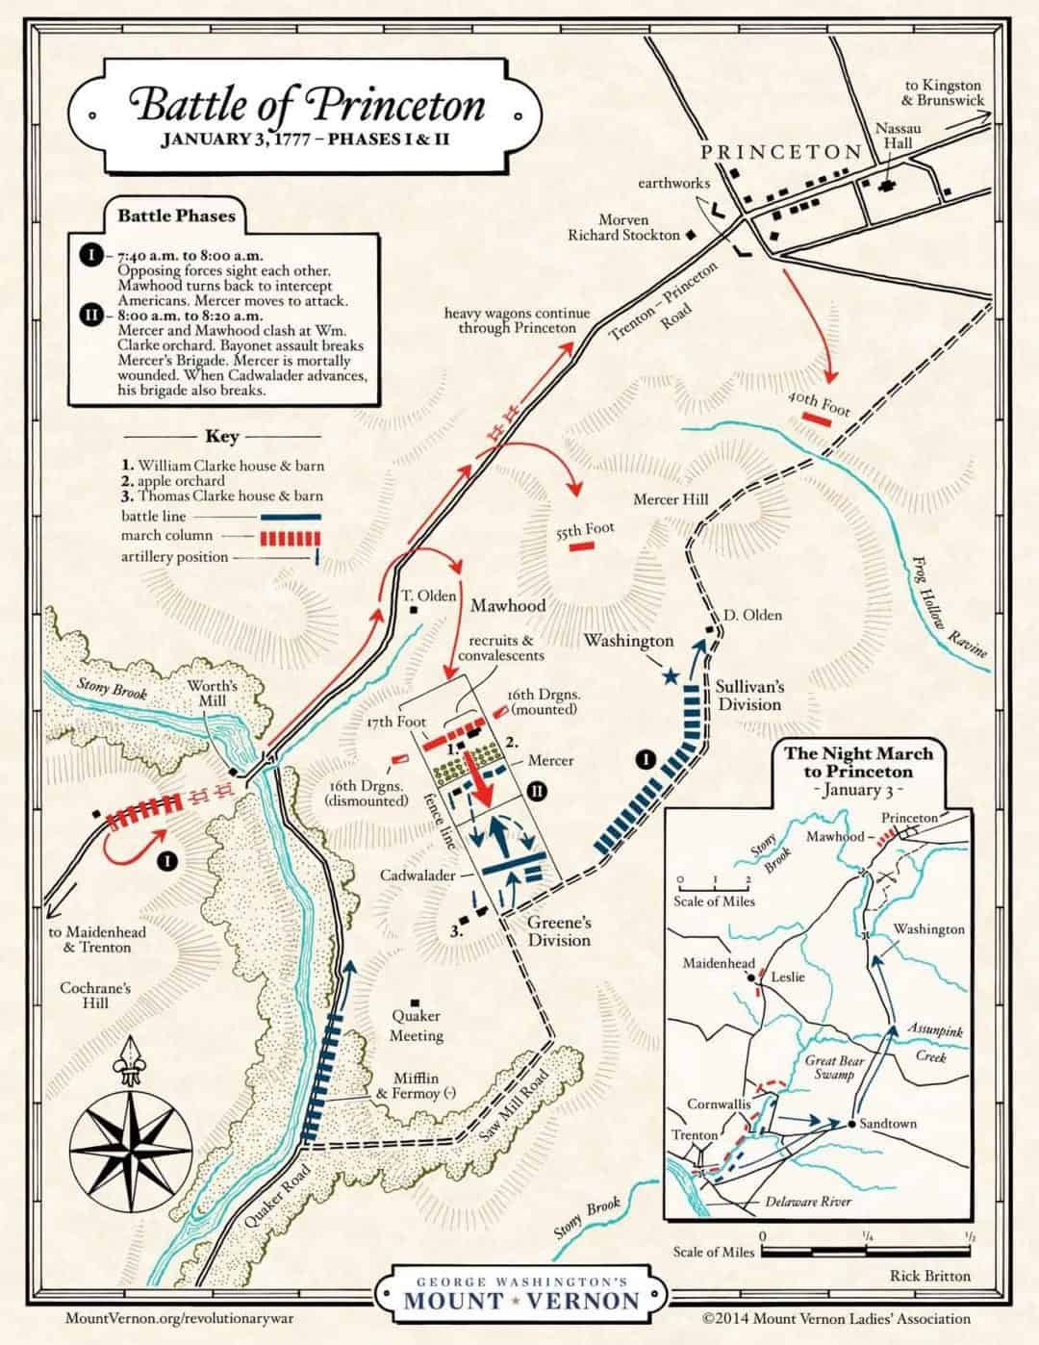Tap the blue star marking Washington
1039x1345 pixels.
pos(671,676)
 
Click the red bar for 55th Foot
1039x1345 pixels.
pos(581,546)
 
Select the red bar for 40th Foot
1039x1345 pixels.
pos(816,420)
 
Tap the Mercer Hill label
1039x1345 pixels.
pos(671,499)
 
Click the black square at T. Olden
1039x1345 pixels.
pos(412,610)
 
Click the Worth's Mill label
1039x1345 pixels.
pos(212,693)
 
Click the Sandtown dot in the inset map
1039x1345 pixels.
pos(852,1124)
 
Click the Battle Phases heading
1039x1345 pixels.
pos(176,215)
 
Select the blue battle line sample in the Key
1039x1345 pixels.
pos(289,516)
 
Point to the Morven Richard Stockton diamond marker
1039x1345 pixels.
pos(690,234)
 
